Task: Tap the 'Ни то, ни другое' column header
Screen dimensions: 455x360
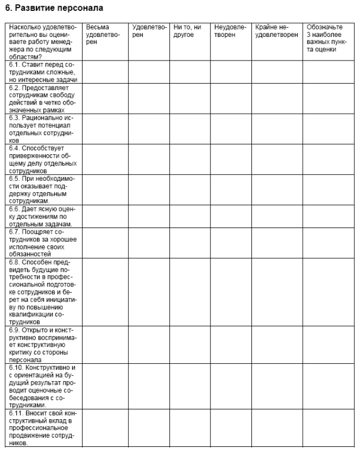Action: (185, 31)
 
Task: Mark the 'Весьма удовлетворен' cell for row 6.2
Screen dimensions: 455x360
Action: (105, 99)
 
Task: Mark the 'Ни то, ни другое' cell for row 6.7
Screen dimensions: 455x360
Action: (190, 243)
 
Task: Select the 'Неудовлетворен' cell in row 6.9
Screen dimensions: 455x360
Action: (231, 345)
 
